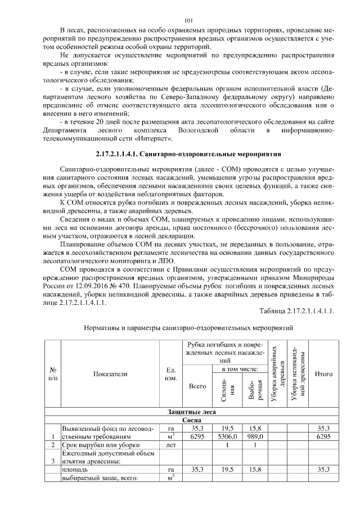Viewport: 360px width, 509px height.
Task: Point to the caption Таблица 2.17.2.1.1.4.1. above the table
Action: click(x=297, y=311)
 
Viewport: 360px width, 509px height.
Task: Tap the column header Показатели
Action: click(x=111, y=373)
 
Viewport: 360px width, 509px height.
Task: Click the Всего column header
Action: click(x=197, y=387)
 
